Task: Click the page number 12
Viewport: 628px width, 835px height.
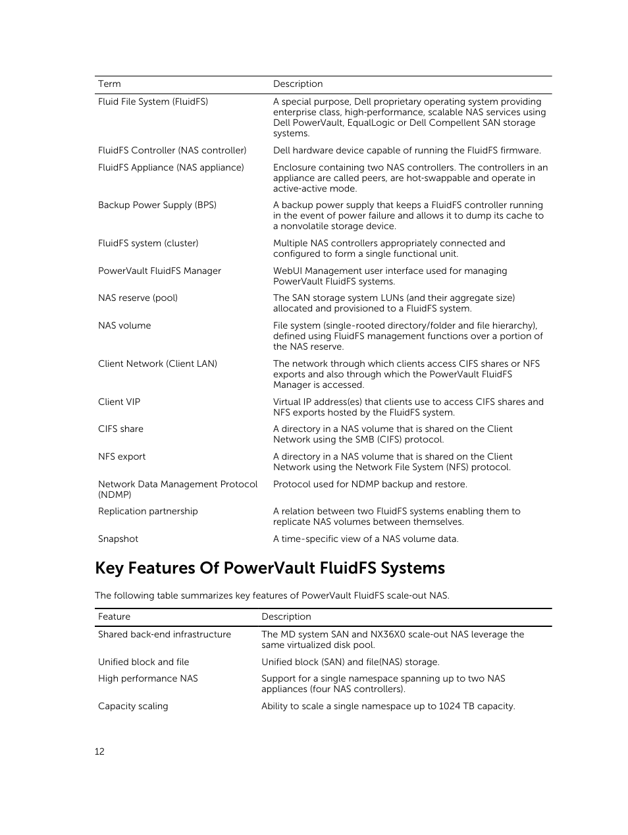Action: [x=99, y=751]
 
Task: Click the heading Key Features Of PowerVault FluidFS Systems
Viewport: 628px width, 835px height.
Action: [x=270, y=568]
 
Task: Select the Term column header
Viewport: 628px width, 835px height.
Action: [x=109, y=84]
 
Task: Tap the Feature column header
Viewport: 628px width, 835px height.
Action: [x=114, y=616]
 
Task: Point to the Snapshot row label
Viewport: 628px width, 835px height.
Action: [x=118, y=539]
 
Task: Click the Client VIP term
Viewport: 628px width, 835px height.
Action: [x=119, y=402]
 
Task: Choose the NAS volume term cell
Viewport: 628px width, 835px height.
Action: [x=124, y=325]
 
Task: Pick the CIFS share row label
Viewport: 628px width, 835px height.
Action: [x=120, y=429]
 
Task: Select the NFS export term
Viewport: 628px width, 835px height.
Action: [x=122, y=456]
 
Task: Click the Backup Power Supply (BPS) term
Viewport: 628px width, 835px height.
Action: [x=157, y=205]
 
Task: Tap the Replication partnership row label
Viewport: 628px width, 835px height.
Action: [x=147, y=511]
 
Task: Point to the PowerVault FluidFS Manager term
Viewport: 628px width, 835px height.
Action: [x=159, y=271]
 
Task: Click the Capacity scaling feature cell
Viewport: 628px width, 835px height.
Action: [x=133, y=706]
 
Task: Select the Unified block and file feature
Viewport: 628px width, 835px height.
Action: [x=144, y=662]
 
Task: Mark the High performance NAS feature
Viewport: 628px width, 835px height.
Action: [x=147, y=678]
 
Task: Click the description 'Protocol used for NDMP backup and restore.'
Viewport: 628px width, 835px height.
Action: [x=370, y=484]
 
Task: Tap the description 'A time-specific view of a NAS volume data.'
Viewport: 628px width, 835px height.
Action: [x=365, y=539]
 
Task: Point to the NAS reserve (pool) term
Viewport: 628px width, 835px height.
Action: [x=138, y=298]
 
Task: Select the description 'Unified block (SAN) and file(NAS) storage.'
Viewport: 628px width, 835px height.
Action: [x=350, y=662]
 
